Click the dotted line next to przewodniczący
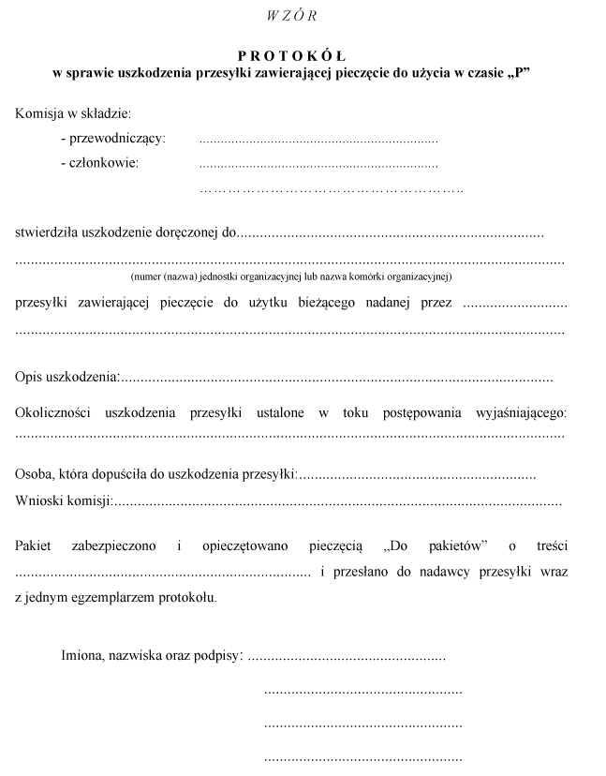pyautogui.click(x=318, y=141)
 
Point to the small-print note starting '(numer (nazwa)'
pyautogui.click(x=291, y=277)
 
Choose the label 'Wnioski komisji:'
pyautogui.click(x=64, y=501)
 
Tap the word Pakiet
pyautogui.click(x=34, y=545)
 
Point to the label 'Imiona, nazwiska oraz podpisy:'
pyautogui.click(x=152, y=655)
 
